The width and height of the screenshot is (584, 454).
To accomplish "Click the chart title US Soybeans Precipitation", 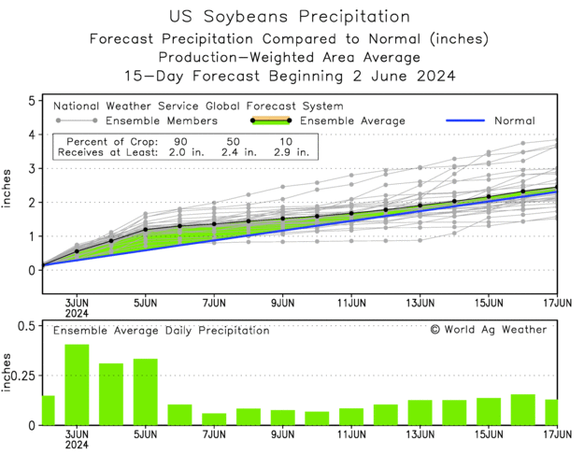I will point(291,17).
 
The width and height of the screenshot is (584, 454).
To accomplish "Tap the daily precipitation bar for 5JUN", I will point(145,392).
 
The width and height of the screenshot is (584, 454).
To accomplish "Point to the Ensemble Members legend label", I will point(161,121).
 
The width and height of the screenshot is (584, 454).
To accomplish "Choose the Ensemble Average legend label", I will point(351,121).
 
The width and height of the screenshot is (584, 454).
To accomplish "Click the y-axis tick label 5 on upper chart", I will point(32,100).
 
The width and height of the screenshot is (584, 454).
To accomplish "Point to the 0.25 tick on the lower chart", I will point(24,375).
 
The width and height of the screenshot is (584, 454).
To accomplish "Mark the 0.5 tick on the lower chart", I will point(28,325).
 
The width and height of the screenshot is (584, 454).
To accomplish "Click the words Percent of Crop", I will point(104,138).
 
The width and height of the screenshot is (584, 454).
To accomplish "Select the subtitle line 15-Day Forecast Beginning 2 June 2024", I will point(291,77).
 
